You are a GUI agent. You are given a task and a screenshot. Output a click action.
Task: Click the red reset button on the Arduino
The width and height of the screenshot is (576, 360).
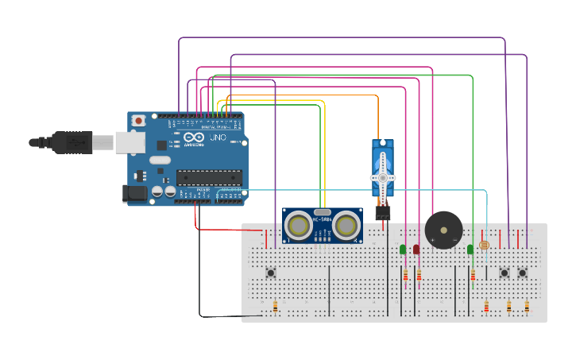[139, 120]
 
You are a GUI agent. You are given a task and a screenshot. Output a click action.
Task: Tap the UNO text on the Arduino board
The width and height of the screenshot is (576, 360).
[217, 137]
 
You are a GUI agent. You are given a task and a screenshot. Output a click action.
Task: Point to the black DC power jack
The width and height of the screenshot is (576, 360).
[133, 192]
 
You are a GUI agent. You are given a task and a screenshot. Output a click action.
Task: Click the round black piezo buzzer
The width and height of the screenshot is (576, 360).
[443, 230]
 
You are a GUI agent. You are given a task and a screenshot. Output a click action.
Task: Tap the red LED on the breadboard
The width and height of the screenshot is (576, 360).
[416, 250]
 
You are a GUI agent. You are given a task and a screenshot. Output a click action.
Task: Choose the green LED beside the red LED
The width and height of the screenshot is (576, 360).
[403, 250]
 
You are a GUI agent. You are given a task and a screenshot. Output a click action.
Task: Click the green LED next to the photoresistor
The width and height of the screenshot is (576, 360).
[470, 250]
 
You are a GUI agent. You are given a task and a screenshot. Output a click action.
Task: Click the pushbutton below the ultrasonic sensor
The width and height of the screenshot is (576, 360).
[271, 273]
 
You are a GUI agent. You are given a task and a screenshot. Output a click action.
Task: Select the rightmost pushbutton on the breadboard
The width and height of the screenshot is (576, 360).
[523, 273]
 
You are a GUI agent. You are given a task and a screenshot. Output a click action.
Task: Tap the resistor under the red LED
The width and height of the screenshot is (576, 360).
[419, 276]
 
